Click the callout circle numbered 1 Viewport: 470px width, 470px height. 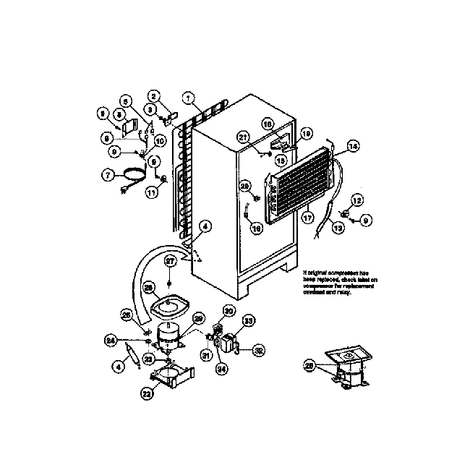[188, 97]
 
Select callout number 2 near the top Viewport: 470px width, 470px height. [153, 96]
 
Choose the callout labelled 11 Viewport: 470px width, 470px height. [151, 192]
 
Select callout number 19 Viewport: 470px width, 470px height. [306, 133]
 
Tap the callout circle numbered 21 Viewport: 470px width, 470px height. [243, 137]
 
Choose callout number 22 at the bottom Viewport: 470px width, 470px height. [147, 394]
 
